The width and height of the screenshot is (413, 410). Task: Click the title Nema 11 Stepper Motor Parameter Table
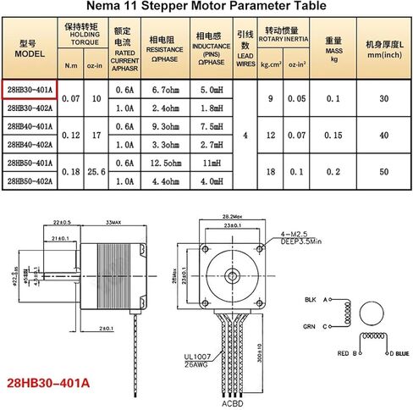(x=206, y=7)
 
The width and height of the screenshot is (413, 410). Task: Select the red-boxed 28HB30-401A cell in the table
(x=30, y=91)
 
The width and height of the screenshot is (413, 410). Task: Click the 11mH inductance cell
(x=208, y=163)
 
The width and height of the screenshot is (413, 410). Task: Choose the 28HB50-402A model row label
(x=30, y=180)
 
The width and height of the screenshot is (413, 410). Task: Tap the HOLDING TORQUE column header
(x=81, y=35)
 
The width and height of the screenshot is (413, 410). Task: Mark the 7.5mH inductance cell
(x=208, y=126)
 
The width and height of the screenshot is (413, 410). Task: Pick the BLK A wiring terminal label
(x=317, y=300)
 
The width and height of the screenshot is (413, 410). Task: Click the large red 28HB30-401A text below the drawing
(x=47, y=383)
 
